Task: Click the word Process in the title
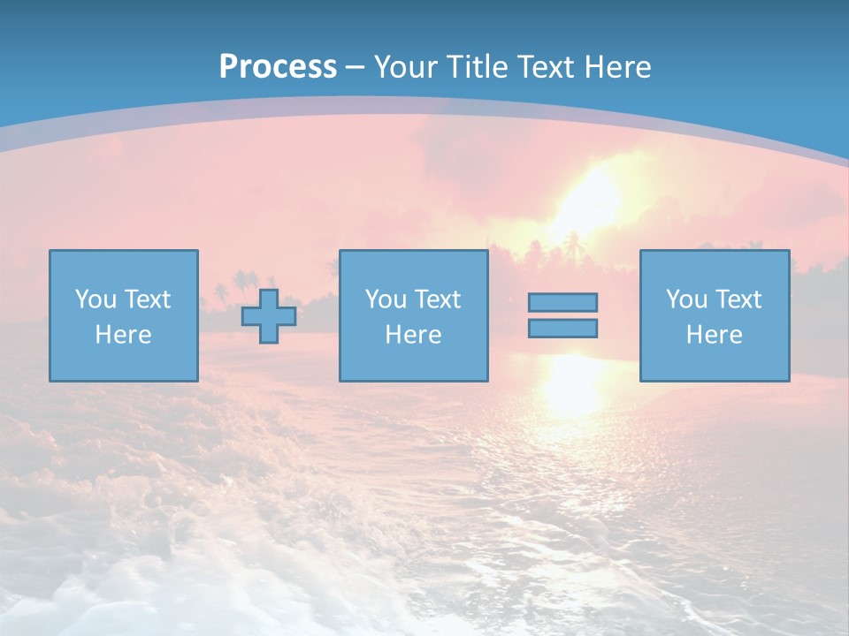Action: tap(278, 66)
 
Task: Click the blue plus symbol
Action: tap(269, 316)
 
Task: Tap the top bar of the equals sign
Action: tap(562, 302)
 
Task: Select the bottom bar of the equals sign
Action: tap(562, 329)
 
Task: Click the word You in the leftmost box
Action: tap(96, 299)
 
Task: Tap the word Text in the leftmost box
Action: tap(147, 299)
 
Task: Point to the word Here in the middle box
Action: tap(413, 335)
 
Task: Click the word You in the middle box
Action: tap(386, 299)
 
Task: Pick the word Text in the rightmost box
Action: tap(738, 299)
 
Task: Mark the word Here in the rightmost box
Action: tap(714, 335)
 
